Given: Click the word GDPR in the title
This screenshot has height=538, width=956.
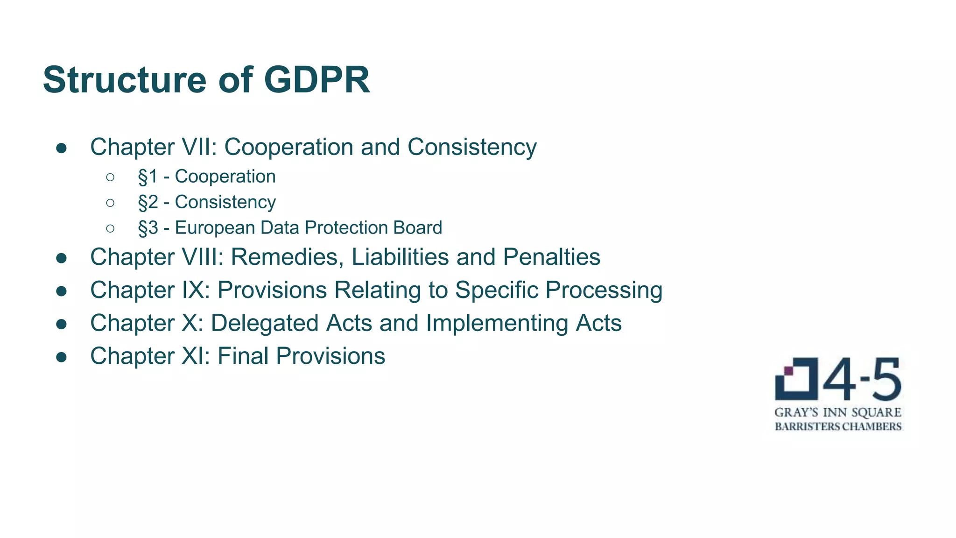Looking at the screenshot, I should click(x=317, y=80).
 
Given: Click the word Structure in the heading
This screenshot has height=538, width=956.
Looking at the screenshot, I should click(x=125, y=80).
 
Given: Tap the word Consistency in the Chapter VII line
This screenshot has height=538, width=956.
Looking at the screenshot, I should click(x=472, y=147).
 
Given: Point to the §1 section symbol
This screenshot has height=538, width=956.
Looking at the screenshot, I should click(x=148, y=177).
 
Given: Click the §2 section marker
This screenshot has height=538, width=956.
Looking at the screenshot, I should click(x=148, y=203).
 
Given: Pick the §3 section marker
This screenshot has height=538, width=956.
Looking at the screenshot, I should click(x=148, y=228).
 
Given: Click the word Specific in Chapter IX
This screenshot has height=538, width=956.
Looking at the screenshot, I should click(x=496, y=290).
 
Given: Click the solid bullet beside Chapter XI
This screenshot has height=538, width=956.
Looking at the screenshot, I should click(x=61, y=357).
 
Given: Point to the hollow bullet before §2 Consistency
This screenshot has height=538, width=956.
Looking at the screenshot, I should click(x=110, y=203).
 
